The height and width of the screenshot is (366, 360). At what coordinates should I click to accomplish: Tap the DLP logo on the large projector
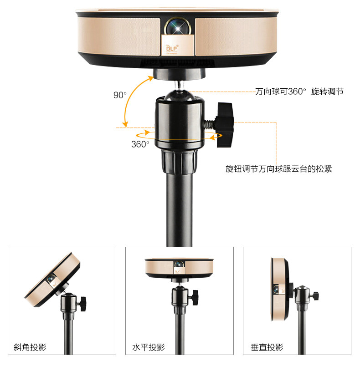172,48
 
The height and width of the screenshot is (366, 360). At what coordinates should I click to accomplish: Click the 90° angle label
120,95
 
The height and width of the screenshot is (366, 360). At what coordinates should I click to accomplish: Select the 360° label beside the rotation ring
140,144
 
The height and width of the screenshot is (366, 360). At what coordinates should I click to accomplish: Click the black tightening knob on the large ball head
225,125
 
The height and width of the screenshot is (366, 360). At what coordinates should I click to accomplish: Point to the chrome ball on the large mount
179,95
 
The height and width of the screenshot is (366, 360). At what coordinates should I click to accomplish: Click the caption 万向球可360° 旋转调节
299,91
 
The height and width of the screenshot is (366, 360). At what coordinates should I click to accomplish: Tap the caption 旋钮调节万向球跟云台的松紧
279,168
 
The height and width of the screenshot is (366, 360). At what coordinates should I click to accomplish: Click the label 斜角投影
30,347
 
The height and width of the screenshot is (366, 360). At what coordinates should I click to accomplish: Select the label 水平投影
149,347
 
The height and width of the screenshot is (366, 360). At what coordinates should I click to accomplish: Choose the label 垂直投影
267,347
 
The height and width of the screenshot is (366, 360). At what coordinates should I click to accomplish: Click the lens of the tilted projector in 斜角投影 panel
51,278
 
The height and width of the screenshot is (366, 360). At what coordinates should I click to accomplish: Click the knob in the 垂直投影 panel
316,296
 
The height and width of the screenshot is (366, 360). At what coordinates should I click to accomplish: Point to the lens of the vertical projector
276,290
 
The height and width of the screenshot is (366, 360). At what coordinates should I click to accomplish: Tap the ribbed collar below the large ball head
179,162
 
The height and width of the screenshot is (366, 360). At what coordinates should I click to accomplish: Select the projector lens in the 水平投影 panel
179,264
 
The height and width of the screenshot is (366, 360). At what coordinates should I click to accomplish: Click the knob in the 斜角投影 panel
82,304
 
